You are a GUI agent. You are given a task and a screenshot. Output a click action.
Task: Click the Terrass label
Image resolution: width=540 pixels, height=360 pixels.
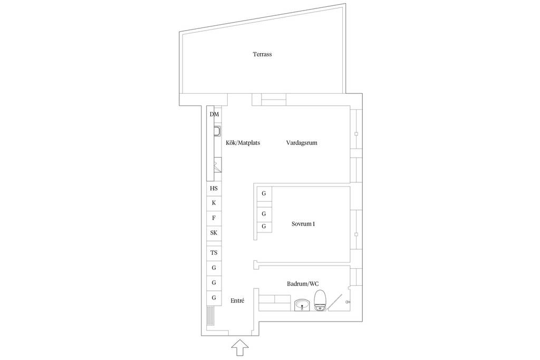(262, 54)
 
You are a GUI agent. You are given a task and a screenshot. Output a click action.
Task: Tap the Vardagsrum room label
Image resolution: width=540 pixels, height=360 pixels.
(301, 142)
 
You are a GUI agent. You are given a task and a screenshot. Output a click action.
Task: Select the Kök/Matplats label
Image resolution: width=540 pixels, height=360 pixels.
(243, 142)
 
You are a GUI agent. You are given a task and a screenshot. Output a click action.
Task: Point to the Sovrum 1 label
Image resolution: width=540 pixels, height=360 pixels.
(303, 223)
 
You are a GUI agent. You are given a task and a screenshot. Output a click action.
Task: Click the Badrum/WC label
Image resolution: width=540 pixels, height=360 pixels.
(303, 284)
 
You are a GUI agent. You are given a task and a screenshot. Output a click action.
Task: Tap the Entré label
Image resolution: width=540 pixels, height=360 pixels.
(237, 300)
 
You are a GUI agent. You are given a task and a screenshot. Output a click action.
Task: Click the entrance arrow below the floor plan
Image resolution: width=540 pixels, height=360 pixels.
(240, 348)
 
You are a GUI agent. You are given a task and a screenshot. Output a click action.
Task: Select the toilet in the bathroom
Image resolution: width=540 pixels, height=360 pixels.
(320, 300)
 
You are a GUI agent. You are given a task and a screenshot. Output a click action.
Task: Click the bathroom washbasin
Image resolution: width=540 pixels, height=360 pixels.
(303, 305)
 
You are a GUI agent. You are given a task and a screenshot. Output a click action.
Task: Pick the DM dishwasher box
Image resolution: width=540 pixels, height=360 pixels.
(214, 114)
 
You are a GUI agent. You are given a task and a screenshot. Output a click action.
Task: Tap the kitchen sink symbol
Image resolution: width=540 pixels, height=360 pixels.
(217, 131)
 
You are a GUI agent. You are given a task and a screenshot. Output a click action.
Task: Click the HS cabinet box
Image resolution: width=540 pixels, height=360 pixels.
(214, 188)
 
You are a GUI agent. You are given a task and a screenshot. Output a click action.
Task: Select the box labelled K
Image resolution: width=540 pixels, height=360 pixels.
(214, 203)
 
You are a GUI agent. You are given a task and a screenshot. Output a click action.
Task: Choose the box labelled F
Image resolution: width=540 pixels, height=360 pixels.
(214, 218)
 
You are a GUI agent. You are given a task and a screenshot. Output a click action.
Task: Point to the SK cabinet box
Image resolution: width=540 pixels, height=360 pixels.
(214, 233)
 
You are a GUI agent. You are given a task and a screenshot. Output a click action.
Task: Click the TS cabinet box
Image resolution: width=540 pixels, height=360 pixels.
(214, 252)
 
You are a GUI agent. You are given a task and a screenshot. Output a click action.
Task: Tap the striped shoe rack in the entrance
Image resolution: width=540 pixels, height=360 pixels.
(210, 315)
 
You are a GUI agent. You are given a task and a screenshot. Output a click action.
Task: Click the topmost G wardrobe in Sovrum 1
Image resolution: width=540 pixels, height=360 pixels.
(264, 193)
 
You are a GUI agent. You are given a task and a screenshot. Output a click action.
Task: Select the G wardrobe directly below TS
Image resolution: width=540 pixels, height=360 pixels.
(214, 268)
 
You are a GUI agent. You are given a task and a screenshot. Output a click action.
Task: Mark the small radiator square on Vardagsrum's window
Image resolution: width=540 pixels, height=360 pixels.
(356, 134)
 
